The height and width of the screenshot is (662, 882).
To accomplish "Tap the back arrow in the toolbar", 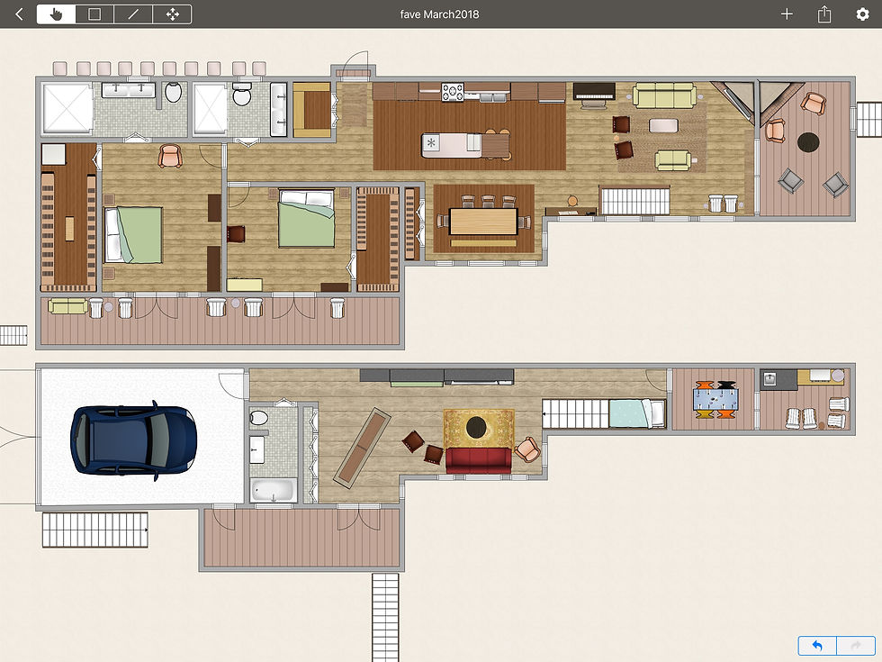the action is pyautogui.click(x=19, y=14).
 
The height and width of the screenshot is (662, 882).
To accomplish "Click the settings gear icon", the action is pyautogui.click(x=862, y=14).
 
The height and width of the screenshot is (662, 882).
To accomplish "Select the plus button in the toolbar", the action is pyautogui.click(x=787, y=14).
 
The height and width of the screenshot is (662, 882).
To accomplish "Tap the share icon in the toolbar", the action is pyautogui.click(x=824, y=14).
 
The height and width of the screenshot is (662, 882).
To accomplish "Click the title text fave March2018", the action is pyautogui.click(x=439, y=14).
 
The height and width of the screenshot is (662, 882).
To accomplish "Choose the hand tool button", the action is pyautogui.click(x=56, y=14).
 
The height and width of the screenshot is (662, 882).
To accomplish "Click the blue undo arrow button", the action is pyautogui.click(x=817, y=646).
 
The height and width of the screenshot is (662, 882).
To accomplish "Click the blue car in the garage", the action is pyautogui.click(x=133, y=440).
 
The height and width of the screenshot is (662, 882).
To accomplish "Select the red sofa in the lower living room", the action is pyautogui.click(x=479, y=460).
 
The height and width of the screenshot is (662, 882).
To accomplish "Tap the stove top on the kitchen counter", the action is pyautogui.click(x=452, y=92).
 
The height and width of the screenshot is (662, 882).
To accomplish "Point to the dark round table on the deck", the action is pyautogui.click(x=808, y=142).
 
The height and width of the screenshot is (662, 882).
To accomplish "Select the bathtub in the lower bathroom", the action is pyautogui.click(x=273, y=490).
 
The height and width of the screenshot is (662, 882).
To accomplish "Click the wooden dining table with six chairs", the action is pyautogui.click(x=484, y=222).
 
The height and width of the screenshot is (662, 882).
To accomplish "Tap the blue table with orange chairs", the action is pyautogui.click(x=715, y=398).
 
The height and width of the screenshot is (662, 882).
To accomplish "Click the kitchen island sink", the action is pyautogui.click(x=431, y=143).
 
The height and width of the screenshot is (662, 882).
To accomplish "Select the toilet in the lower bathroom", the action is pyautogui.click(x=259, y=417).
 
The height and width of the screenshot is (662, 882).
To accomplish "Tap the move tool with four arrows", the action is pyautogui.click(x=172, y=14).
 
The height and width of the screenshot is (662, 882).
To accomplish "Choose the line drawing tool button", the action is pyautogui.click(x=133, y=14).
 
